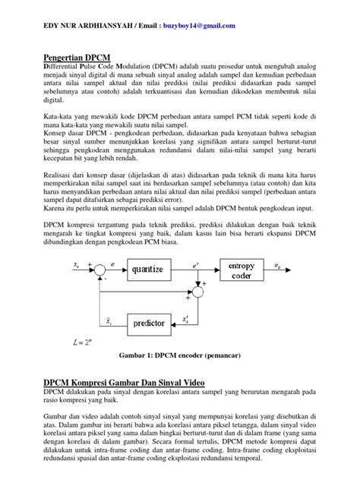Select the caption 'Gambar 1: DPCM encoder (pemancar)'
[179, 355]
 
